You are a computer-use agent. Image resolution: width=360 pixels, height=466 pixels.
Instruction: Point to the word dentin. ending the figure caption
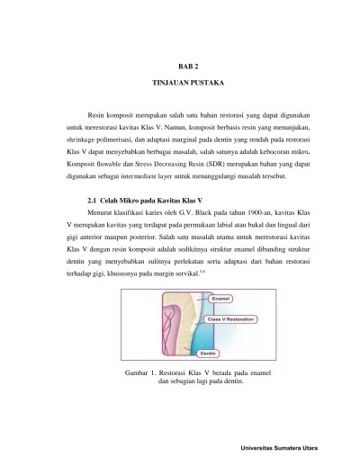pos(222,381)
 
